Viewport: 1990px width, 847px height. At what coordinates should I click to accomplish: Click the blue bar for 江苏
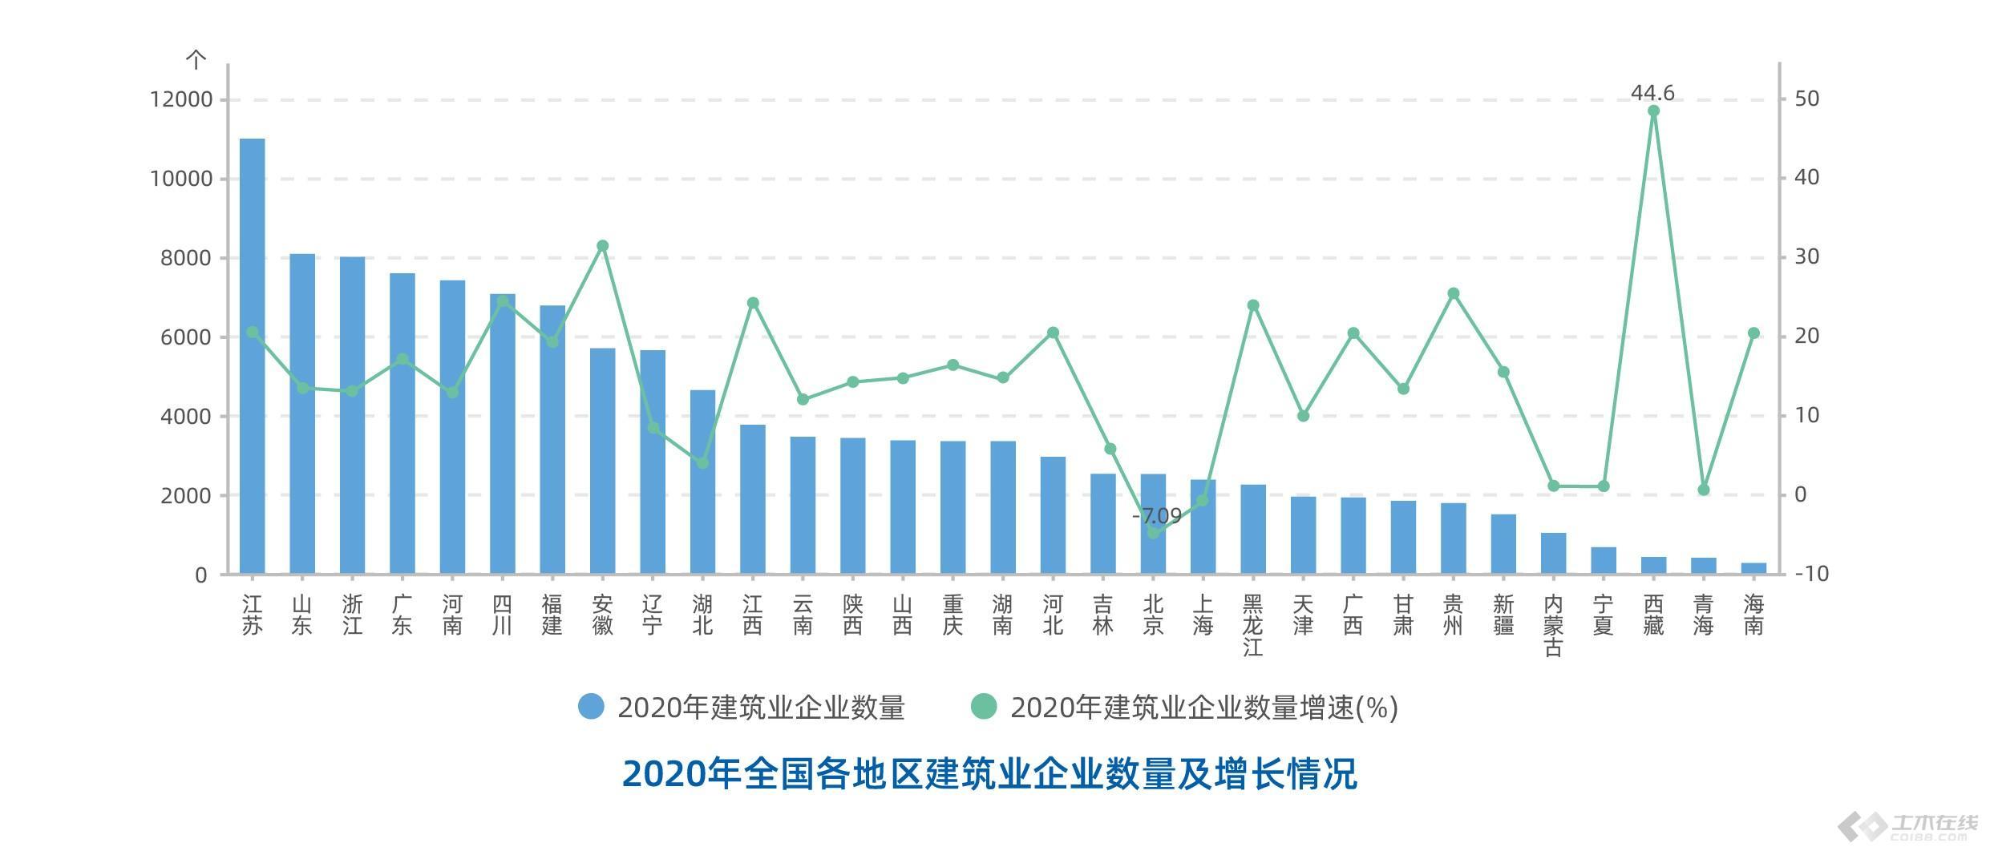click(x=252, y=357)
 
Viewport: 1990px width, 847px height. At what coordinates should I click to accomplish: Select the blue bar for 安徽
click(x=602, y=461)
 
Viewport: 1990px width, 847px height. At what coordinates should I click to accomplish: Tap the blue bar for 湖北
click(x=702, y=482)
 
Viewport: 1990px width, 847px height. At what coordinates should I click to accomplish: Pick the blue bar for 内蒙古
click(x=1553, y=553)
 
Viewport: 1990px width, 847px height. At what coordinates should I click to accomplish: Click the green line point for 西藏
click(x=1653, y=111)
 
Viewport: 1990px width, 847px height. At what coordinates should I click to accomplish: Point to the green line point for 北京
click(x=1153, y=533)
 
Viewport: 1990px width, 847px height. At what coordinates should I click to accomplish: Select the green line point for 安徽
click(x=603, y=246)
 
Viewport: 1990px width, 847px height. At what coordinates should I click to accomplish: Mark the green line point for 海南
click(x=1753, y=333)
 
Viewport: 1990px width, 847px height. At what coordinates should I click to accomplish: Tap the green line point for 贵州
click(x=1454, y=293)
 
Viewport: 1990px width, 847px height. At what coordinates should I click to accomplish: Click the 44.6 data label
click(x=1652, y=94)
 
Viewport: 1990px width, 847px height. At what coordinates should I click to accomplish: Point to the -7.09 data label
click(x=1157, y=515)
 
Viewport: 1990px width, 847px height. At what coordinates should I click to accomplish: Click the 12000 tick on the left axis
click(x=181, y=100)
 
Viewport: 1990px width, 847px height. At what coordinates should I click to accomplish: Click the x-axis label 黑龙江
click(x=1252, y=625)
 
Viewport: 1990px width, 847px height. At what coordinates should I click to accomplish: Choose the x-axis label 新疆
click(x=1503, y=615)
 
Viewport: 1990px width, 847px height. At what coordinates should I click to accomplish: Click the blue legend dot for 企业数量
click(x=591, y=707)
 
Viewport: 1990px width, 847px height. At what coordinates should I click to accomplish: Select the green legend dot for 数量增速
click(x=984, y=707)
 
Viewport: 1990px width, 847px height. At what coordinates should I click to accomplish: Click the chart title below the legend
click(x=989, y=774)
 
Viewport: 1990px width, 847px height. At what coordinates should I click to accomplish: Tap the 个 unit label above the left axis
click(x=196, y=59)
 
